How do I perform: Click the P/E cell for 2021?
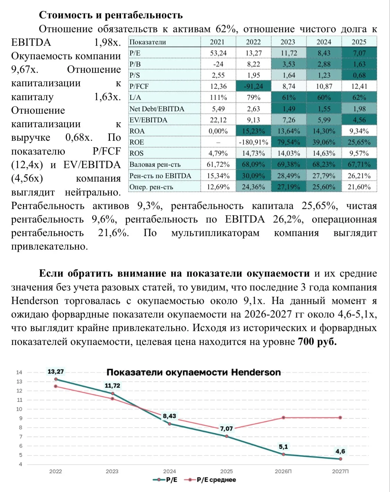pos(218,53)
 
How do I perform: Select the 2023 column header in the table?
pos(288,42)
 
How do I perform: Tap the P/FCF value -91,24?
pos(253,86)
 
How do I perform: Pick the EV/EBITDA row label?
pos(148,120)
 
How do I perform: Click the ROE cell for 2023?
pos(288,142)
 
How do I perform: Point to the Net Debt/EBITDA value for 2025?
pos(359,109)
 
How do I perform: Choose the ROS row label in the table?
pos(137,153)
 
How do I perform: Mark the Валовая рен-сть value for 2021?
pos(218,164)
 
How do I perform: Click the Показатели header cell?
pos(148,42)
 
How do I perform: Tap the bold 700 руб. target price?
pos(317,342)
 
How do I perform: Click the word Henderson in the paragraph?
pos(35,301)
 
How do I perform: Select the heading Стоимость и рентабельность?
pos(111,15)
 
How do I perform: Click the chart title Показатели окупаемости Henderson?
pos(194,372)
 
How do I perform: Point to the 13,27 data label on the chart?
pos(55,372)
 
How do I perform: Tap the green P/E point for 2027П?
pos(340,459)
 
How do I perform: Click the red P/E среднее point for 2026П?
pos(284,417)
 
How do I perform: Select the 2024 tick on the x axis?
pos(170,472)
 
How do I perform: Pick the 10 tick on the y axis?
pos(19,409)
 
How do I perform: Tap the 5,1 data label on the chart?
pos(283,447)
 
